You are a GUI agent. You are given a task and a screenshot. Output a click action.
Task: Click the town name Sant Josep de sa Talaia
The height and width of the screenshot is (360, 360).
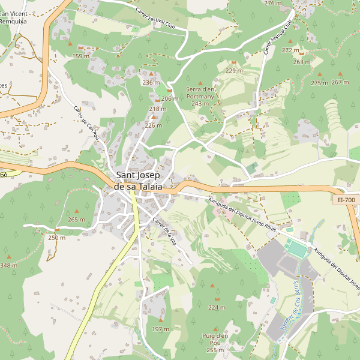click(x=138, y=181)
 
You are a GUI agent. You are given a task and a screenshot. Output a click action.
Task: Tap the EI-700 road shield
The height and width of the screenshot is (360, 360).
click(x=346, y=199)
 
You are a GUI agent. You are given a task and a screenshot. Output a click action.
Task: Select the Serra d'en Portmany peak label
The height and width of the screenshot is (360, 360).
click(x=200, y=96)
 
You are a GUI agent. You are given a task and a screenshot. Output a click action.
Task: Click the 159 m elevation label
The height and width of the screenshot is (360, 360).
click(x=80, y=56)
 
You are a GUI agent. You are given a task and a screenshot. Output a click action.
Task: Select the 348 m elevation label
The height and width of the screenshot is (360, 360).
click(x=8, y=265)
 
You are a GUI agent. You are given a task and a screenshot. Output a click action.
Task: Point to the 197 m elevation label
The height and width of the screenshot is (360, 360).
click(x=160, y=329)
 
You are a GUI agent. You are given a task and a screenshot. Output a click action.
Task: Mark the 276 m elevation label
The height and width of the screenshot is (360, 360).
click(x=272, y=4)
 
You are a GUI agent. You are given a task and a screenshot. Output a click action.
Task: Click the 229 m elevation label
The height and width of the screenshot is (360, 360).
click(x=234, y=71)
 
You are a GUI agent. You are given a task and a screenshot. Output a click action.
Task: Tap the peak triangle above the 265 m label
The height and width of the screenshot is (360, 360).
click(x=77, y=211)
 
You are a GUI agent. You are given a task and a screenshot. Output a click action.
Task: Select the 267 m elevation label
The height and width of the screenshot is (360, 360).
click(x=340, y=82)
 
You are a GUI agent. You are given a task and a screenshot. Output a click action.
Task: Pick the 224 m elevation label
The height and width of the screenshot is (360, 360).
click(x=217, y=307)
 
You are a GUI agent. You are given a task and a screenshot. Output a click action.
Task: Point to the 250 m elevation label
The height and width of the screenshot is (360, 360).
click(x=56, y=238)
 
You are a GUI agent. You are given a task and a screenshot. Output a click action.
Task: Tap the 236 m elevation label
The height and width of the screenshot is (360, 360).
click(x=151, y=82)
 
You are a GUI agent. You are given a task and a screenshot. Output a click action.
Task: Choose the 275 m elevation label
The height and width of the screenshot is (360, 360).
click(x=319, y=83)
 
